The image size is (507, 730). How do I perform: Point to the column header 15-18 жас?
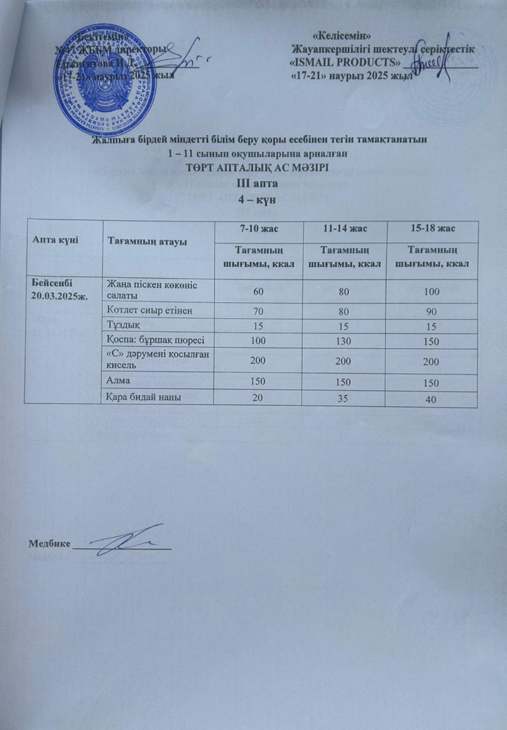point(431,228)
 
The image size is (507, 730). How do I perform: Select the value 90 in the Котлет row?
point(431,311)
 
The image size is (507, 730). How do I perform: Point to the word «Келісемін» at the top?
point(340,37)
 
